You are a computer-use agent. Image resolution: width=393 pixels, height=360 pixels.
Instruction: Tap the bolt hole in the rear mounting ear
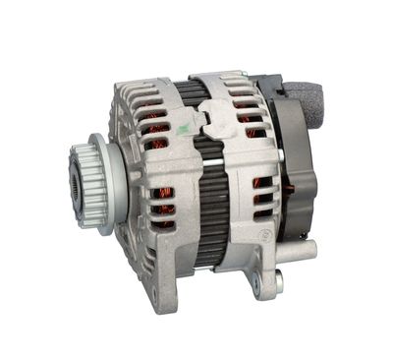click(257, 286)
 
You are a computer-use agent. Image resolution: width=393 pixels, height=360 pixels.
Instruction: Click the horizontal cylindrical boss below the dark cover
click(301, 250)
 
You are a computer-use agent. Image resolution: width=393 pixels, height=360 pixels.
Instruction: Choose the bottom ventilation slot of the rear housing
click(261, 212)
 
